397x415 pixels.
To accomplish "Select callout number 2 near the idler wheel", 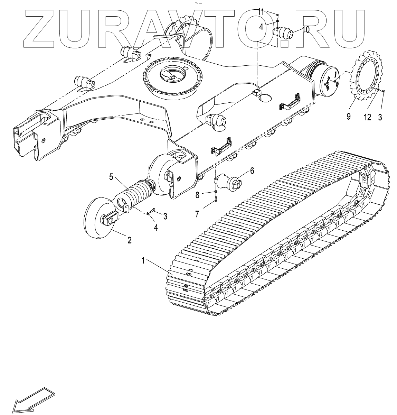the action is [x=129, y=240].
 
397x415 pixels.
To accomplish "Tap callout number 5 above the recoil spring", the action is [x=111, y=177].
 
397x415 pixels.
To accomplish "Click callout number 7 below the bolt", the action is [x=197, y=214].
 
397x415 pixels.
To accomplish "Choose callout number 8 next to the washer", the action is [x=198, y=195].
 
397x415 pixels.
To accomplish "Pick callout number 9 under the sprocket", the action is [x=348, y=117].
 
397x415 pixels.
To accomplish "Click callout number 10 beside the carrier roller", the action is [x=306, y=29].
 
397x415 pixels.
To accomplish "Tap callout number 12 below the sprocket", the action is [x=367, y=117].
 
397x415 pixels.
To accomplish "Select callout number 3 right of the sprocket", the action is [x=380, y=117].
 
